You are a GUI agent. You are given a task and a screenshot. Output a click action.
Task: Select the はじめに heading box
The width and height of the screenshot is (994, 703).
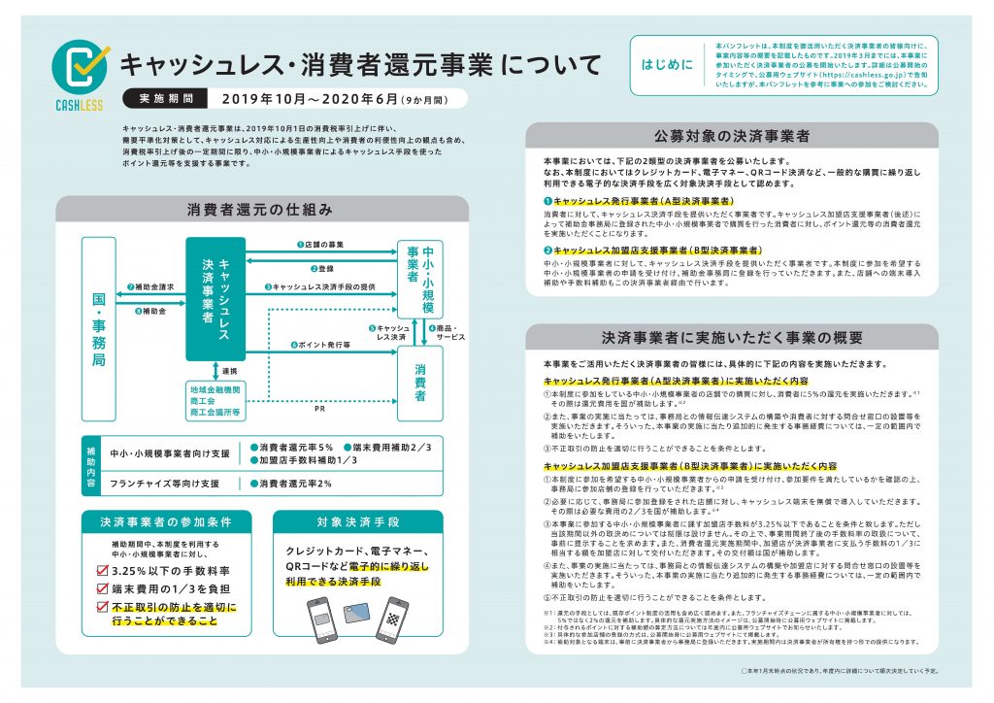pos(668,65)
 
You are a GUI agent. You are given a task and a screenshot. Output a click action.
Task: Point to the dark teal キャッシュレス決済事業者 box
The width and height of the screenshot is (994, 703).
pos(215,299)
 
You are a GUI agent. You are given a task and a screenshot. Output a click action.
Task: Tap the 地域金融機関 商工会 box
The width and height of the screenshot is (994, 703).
pos(215,399)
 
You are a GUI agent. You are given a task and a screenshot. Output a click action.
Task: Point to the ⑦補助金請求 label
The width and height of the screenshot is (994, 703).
pos(150,287)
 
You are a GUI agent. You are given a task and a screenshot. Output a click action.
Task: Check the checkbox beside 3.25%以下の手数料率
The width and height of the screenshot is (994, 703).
pos(101,570)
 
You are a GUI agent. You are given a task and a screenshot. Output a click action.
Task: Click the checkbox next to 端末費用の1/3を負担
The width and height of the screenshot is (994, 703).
pos(101,588)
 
